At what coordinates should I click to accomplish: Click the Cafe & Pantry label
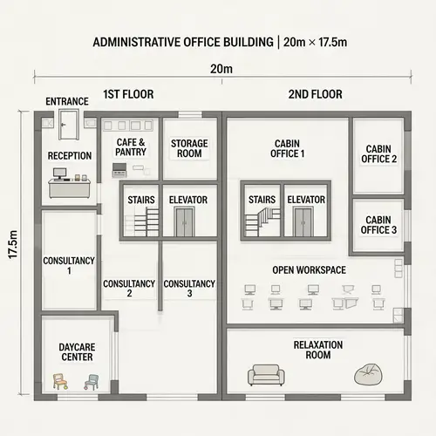tap(131, 146)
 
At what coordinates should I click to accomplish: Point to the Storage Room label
tap(187, 147)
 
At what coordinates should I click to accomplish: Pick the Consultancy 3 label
tap(189, 289)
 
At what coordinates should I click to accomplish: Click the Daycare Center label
tap(76, 351)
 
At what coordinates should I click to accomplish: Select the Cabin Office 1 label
tap(289, 148)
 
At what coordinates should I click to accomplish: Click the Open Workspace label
tap(309, 269)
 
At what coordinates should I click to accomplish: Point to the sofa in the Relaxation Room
tap(265, 375)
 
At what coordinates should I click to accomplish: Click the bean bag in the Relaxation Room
tap(368, 375)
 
